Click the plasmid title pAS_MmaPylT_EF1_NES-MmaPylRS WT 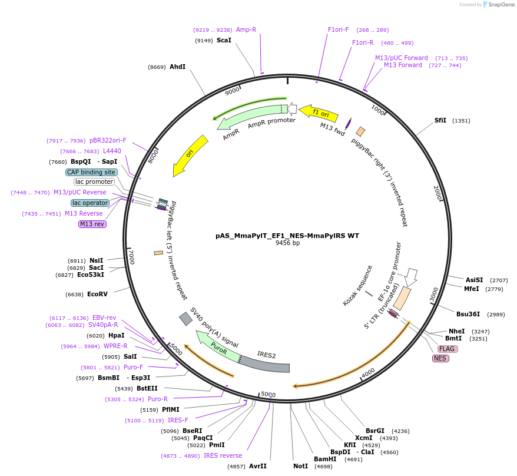click(x=287, y=235)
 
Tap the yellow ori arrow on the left click(x=190, y=155)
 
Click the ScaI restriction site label click(x=224, y=40)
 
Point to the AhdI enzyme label click(x=177, y=67)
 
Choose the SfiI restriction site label click(x=440, y=120)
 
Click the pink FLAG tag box click(x=447, y=349)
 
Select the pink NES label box click(x=440, y=358)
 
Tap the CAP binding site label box click(x=91, y=172)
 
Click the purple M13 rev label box click(x=92, y=224)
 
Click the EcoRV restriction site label click(x=98, y=294)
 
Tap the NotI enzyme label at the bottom click(x=300, y=466)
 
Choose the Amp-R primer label click(x=246, y=29)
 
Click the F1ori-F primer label click(x=339, y=29)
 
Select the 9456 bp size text click(x=287, y=243)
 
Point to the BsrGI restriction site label click(x=375, y=431)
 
